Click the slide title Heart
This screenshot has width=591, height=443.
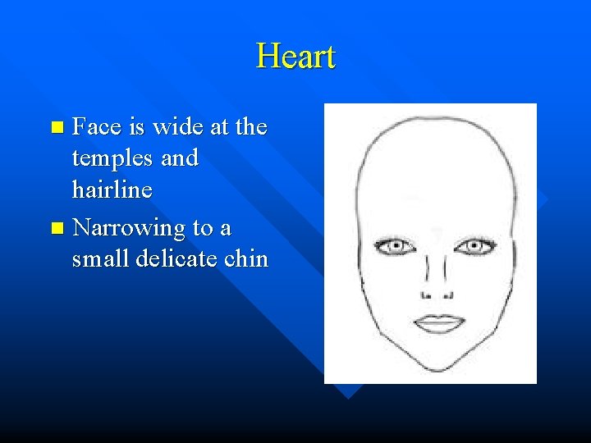[295, 57]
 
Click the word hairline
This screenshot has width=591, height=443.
[112, 190]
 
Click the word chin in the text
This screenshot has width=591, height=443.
[247, 258]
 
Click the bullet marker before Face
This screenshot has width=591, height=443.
[56, 128]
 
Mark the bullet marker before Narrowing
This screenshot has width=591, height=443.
[56, 228]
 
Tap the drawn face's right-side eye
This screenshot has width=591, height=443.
[473, 245]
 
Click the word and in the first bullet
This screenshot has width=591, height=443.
[180, 158]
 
